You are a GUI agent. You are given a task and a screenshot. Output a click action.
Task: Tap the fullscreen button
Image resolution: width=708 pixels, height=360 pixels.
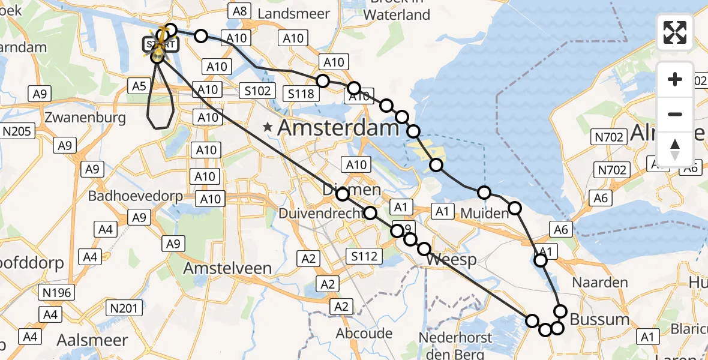point(675,32)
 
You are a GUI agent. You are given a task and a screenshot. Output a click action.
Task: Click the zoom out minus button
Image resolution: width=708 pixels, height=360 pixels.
point(675,114)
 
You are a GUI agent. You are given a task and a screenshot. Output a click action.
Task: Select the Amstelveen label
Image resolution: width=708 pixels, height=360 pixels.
point(227,268)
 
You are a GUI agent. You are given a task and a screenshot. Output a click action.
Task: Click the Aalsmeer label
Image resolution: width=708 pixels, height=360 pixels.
point(92,340)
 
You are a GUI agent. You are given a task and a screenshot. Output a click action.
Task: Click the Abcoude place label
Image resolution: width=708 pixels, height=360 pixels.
point(365,333)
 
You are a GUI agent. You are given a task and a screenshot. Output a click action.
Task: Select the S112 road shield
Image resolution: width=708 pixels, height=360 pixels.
point(364,257)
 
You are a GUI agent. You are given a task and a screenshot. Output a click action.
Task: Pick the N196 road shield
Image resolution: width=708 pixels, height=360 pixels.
point(58,293)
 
